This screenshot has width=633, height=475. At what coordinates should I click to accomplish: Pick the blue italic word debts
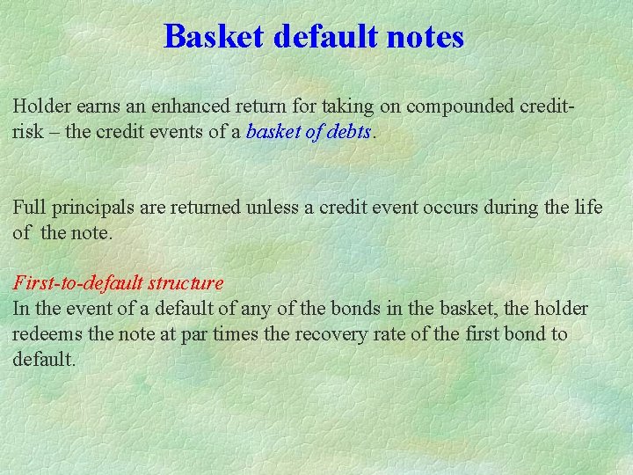point(350,132)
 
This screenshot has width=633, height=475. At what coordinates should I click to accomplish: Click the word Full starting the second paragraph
point(28,208)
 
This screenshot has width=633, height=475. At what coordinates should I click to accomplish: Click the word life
point(589,208)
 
